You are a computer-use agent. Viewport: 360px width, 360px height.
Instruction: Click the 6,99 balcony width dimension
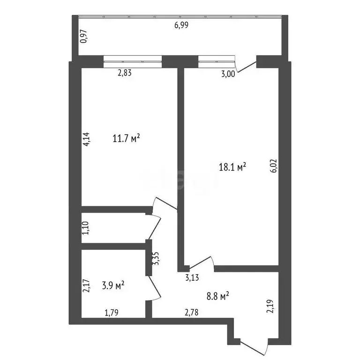pos(181,25)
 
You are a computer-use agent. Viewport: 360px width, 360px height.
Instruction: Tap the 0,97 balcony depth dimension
pos(83,37)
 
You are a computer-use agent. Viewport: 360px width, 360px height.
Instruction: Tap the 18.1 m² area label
pos(233,167)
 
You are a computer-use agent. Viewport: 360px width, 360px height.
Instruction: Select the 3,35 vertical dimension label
pos(156,258)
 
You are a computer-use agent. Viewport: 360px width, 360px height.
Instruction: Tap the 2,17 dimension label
pos(86,286)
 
